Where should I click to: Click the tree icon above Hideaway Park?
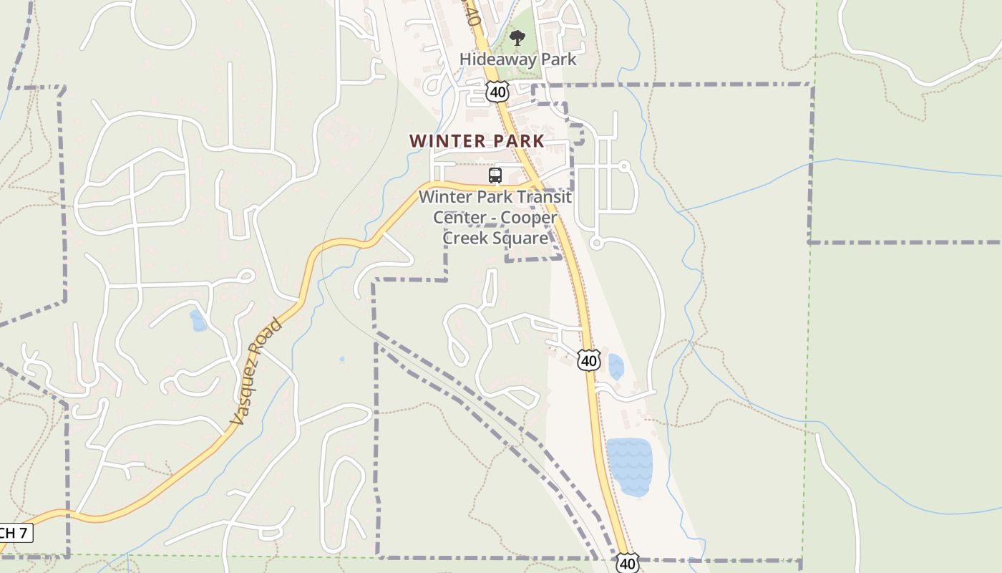click(x=517, y=38)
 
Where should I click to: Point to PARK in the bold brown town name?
click(x=512, y=141)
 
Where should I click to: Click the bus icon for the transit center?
click(x=495, y=175)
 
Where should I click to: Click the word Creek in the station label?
click(x=466, y=238)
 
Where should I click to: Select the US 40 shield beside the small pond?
click(x=588, y=360)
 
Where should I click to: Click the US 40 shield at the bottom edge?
click(x=627, y=563)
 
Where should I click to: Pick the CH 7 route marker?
click(x=14, y=533)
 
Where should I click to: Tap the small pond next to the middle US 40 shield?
click(x=616, y=367)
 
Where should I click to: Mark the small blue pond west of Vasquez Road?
click(x=198, y=321)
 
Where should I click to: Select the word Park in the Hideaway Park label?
click(x=558, y=59)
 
